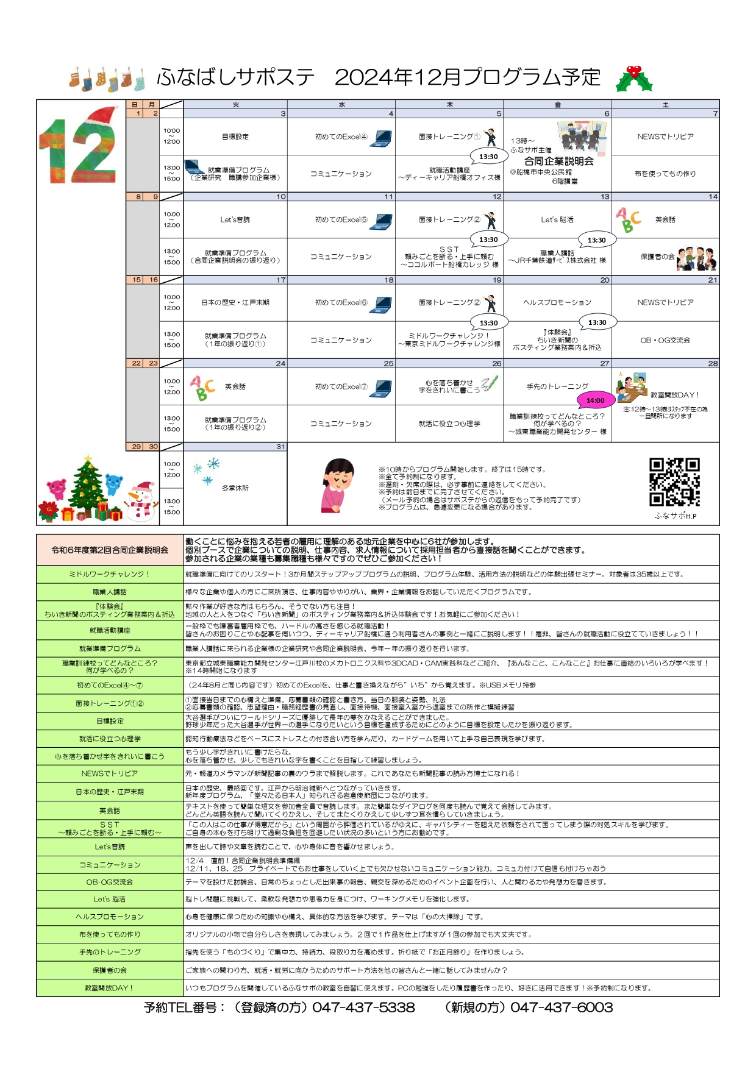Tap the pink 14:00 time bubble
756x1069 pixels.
pos(595,400)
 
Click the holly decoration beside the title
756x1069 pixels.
pos(633,79)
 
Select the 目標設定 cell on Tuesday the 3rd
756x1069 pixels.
pos(235,137)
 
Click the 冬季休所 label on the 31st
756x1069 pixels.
pos(235,488)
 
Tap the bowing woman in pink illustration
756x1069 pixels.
pos(337,486)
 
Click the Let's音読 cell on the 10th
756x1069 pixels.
pos(235,219)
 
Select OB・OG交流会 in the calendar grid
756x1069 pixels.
pos(665,340)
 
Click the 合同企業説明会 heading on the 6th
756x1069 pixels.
pos(558,162)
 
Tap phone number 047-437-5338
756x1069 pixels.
pos(363,1007)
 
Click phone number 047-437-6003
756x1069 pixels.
pos(561,1007)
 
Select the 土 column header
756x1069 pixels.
pos(665,105)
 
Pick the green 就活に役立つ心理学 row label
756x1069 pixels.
pos(110,739)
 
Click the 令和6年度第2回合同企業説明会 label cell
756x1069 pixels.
pos(110,550)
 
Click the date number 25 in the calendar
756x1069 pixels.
pos(388,363)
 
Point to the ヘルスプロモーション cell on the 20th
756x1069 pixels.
pos(557,302)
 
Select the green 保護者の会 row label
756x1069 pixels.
pos(110,970)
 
